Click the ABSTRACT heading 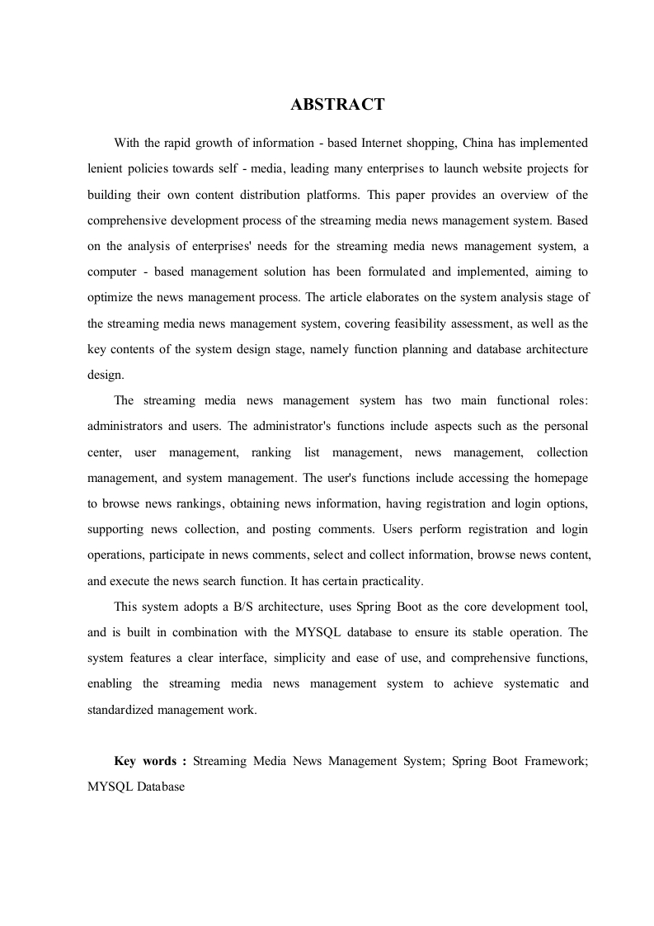pyautogui.click(x=337, y=105)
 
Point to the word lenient pyautogui.click(x=106, y=168)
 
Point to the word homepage pyautogui.click(x=562, y=477)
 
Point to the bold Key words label pyautogui.click(x=150, y=761)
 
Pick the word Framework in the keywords pyautogui.click(x=556, y=761)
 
